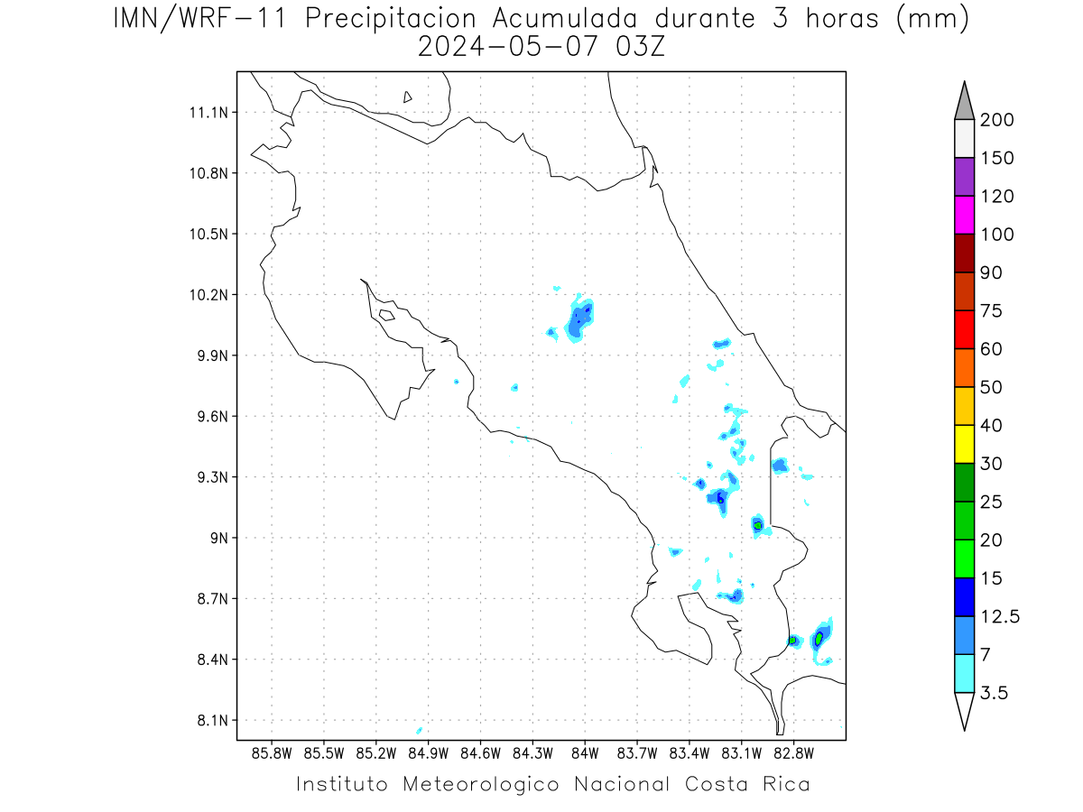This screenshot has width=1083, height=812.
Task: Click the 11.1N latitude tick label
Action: coord(208,113)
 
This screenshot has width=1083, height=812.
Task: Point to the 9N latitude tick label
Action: coord(219,538)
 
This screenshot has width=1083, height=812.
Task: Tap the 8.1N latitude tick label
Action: coord(213,720)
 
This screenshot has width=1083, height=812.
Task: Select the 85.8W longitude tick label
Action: coord(272,754)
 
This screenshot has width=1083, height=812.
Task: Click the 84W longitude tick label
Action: coord(585,754)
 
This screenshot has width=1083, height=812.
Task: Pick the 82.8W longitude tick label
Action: coord(793,754)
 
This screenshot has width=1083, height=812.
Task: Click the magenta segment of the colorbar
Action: coord(964,215)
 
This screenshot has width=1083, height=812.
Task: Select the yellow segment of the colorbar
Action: coord(964,444)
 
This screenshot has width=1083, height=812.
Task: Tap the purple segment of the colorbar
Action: coord(964,177)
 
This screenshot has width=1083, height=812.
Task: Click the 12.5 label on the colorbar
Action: coord(1000,616)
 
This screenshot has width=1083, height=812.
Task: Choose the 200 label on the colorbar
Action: coord(996,120)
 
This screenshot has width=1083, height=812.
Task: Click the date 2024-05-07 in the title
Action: coord(508,47)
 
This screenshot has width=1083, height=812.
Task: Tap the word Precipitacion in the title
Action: coord(390,19)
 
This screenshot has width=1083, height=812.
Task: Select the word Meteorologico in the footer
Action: coord(480,784)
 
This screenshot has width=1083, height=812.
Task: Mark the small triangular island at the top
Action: coord(407,97)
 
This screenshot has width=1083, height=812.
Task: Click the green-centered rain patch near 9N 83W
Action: coord(758,525)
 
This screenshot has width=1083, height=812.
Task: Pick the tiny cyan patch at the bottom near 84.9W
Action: coord(419,730)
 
